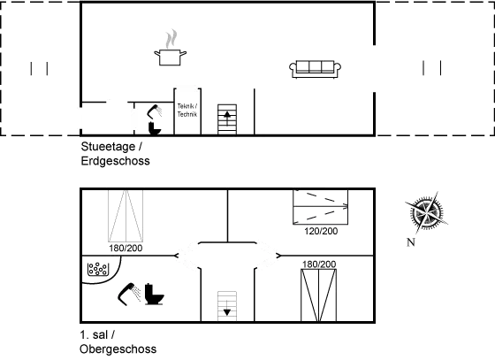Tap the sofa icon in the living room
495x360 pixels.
(x=315, y=69)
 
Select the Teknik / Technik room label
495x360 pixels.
(x=187, y=111)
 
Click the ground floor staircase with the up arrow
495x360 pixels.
(x=227, y=119)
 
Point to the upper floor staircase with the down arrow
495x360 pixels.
(x=227, y=306)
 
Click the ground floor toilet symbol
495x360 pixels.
(x=155, y=128)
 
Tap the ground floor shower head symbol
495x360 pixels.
(x=155, y=111)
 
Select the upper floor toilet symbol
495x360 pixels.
(x=155, y=295)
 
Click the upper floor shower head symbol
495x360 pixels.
(x=129, y=294)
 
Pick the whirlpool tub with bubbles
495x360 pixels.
(x=98, y=269)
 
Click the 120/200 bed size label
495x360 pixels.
(x=321, y=231)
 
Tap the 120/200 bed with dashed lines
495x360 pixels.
(x=320, y=207)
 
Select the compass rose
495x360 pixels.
(x=426, y=212)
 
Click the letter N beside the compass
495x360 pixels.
(x=411, y=242)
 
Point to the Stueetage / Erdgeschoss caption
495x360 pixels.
(x=115, y=154)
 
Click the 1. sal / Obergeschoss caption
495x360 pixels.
(x=118, y=342)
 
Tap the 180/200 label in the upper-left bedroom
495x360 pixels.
(x=126, y=249)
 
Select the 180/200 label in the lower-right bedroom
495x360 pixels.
(x=319, y=264)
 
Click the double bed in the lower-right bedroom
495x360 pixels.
(x=318, y=295)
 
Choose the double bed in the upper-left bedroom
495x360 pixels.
(x=126, y=216)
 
